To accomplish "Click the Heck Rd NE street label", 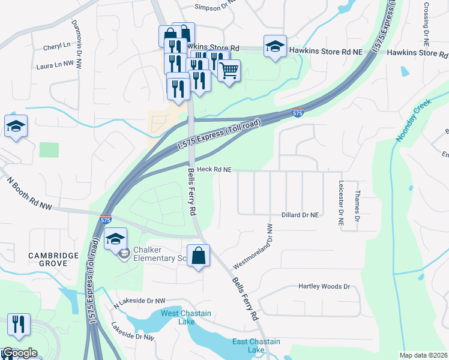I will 214,170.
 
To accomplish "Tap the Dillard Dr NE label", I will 300,214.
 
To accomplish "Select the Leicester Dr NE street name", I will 341,203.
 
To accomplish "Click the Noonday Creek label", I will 414,120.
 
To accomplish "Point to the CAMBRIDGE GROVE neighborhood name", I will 53,260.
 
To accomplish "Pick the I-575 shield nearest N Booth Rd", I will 105,220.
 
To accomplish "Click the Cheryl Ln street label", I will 56,46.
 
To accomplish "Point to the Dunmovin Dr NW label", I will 77,40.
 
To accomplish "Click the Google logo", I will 20,353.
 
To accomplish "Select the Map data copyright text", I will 422,355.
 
